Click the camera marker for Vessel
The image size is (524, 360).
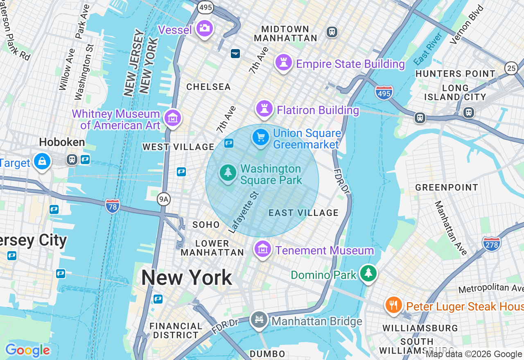(204, 28)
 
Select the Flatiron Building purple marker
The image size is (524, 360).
(264, 109)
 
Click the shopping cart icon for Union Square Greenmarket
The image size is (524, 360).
(261, 137)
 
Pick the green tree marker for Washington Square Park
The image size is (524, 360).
(228, 173)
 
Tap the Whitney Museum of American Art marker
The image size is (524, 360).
(173, 118)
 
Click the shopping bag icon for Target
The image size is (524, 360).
(42, 161)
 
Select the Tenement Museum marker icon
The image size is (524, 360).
(263, 249)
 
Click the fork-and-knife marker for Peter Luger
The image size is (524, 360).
(393, 305)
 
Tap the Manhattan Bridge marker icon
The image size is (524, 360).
(259, 319)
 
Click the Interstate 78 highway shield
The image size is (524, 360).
(112, 206)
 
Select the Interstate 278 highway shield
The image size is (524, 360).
(491, 244)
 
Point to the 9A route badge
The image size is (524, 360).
(164, 199)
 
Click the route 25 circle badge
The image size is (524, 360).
(511, 68)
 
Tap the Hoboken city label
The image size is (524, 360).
(62, 142)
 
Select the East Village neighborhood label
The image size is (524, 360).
(303, 213)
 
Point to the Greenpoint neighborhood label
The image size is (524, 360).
(447, 187)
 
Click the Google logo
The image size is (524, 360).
(27, 350)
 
